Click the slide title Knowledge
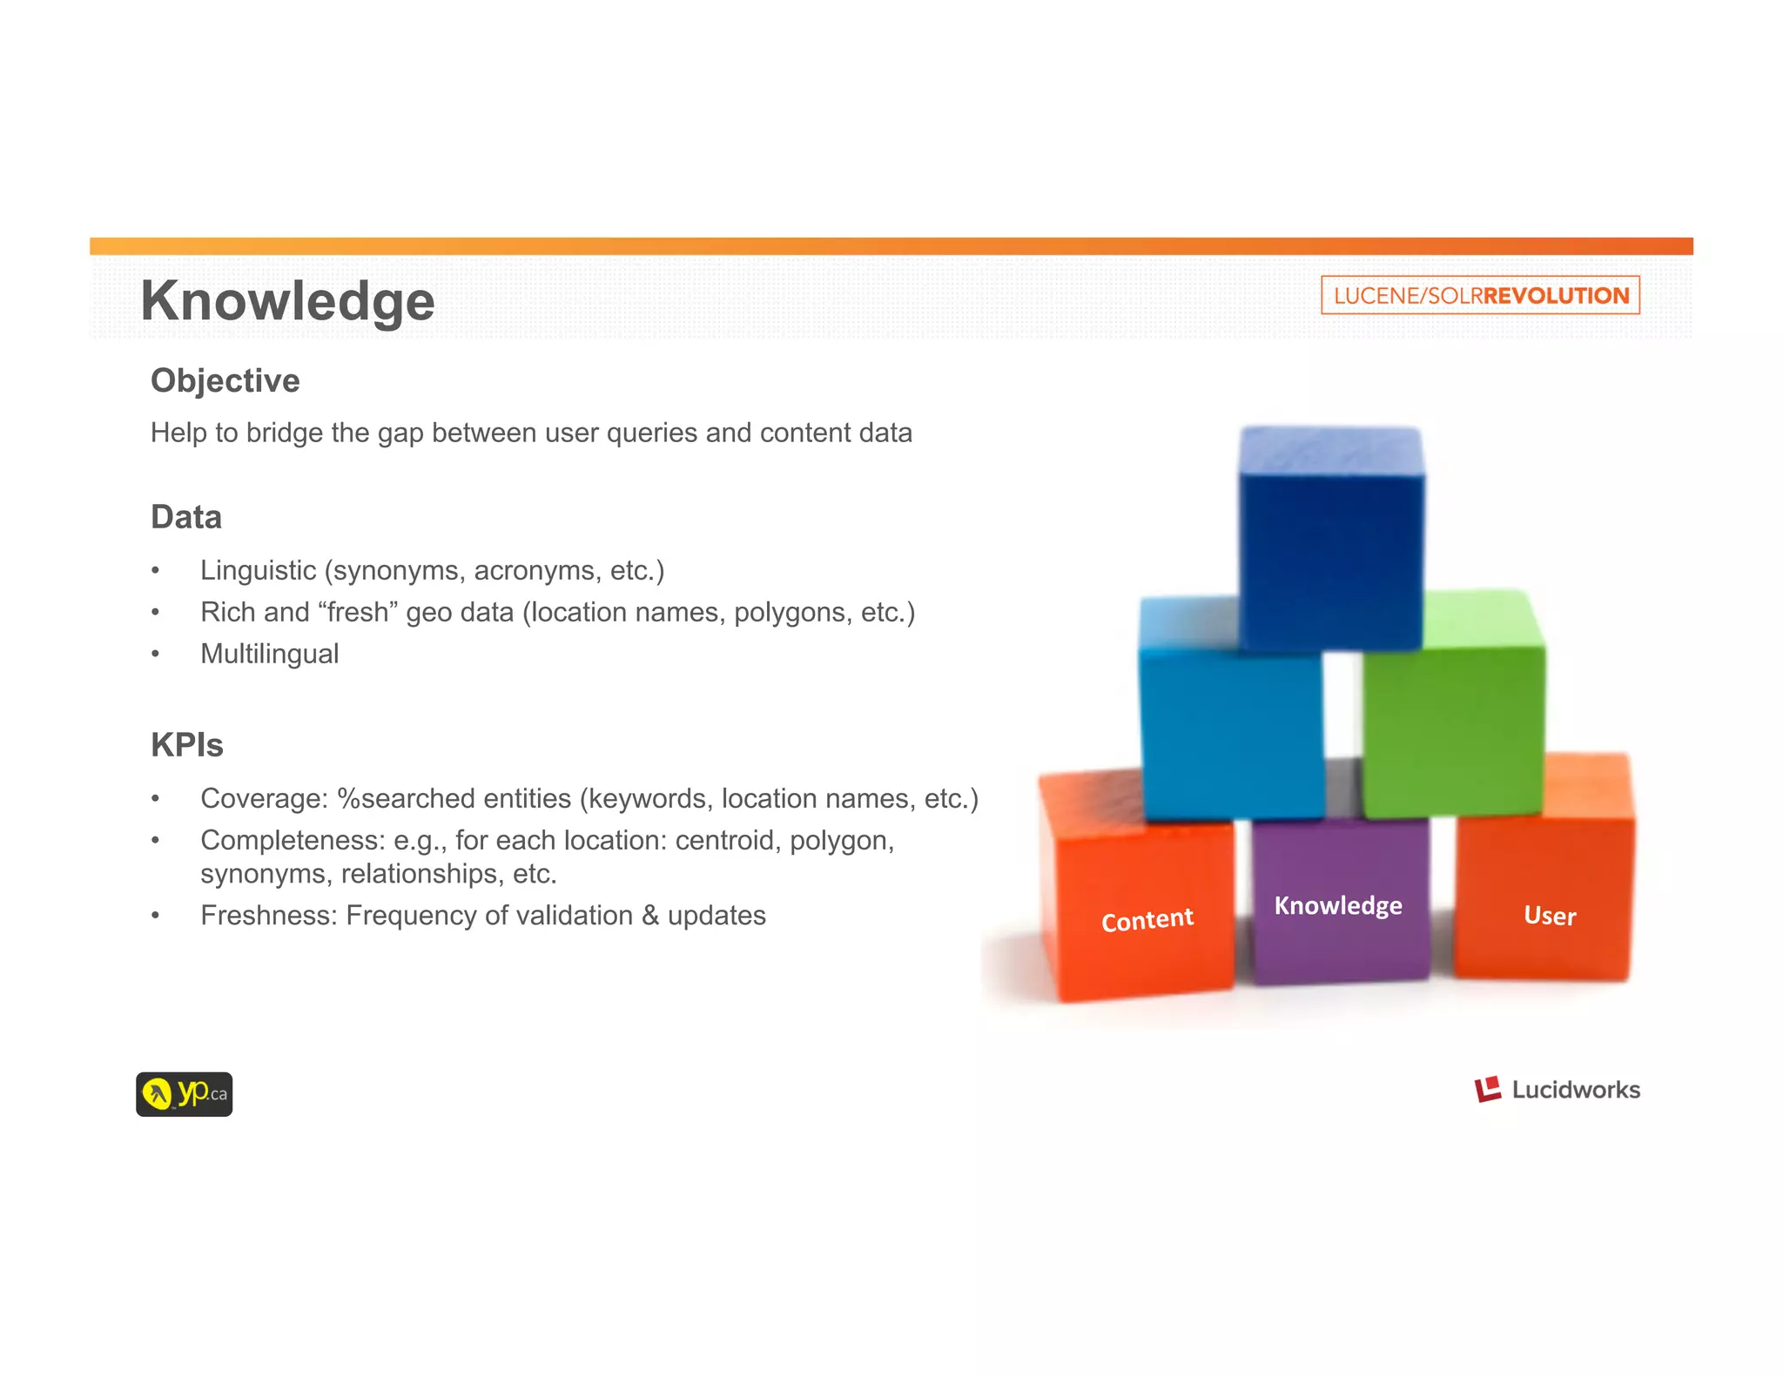(287, 301)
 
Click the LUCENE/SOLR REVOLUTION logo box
(1480, 295)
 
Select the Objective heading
(225, 380)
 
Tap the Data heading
(185, 517)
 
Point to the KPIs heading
(186, 745)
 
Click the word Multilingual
(269, 654)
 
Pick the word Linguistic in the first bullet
(258, 570)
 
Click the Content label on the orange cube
(1147, 919)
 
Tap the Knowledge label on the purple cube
(1338, 905)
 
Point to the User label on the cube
(1550, 916)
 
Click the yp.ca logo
(184, 1094)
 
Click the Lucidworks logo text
(1575, 1090)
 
